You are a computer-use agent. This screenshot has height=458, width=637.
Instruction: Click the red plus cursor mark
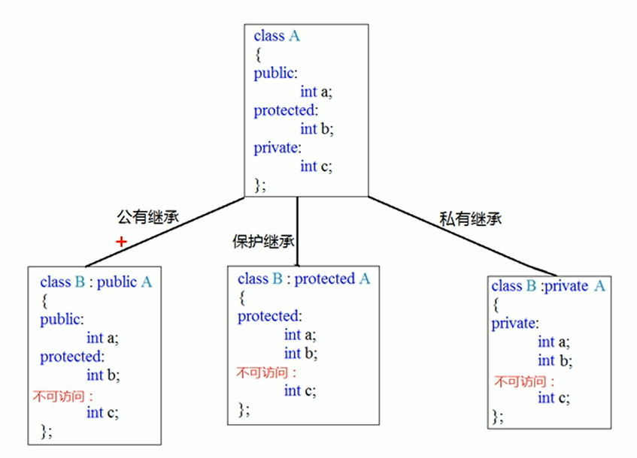[120, 242]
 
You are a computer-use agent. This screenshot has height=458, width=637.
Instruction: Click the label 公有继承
[146, 217]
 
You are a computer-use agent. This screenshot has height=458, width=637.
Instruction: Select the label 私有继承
[470, 219]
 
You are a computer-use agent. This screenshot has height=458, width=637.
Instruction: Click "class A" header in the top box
[277, 35]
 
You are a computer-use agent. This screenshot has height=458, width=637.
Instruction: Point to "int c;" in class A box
[316, 166]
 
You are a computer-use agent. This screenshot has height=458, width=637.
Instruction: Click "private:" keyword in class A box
[277, 147]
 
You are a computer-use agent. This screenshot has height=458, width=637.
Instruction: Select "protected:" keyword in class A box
[286, 110]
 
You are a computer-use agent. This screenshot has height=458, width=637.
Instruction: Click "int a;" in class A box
[316, 92]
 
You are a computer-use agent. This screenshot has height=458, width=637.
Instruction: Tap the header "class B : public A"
[96, 282]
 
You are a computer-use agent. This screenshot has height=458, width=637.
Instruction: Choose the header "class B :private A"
[548, 286]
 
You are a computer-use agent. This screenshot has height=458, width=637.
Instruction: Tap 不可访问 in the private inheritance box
[523, 380]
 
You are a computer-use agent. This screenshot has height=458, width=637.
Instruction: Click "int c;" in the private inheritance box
[554, 398]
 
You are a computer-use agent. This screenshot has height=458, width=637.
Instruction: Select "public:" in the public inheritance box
[61, 319]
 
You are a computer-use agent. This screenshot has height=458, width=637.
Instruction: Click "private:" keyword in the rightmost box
[515, 324]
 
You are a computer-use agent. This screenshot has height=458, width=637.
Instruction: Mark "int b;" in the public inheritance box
[103, 375]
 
